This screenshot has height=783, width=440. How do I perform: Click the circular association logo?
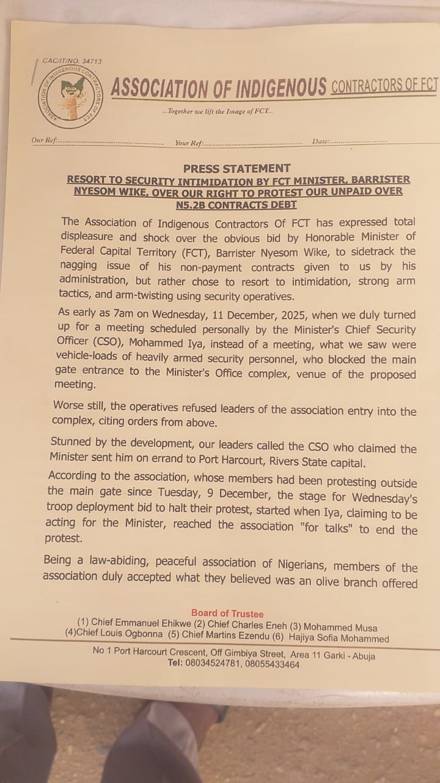point(70,96)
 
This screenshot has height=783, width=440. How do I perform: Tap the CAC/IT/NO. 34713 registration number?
point(72,61)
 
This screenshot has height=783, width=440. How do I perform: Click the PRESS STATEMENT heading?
point(237,168)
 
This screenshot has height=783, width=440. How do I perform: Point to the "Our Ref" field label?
point(45,141)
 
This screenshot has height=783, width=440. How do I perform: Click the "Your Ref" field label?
point(189,143)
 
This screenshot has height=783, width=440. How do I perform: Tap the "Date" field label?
point(321,141)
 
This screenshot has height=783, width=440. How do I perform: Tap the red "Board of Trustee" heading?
point(227,613)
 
